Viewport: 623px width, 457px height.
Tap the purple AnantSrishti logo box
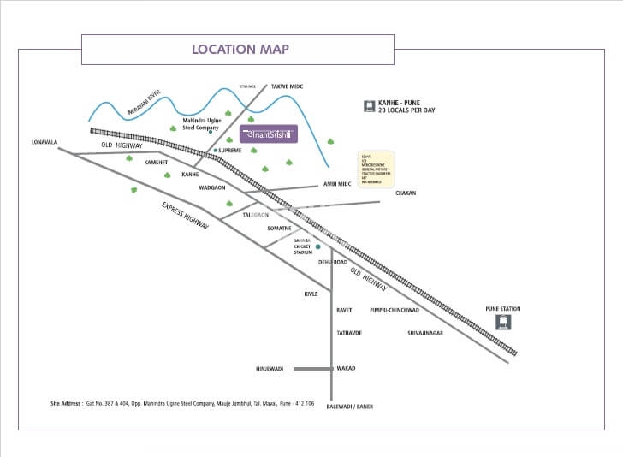click(268, 134)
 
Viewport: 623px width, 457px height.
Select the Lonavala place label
click(44, 141)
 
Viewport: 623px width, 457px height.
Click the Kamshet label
click(156, 162)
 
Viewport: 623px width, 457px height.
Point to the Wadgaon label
click(211, 187)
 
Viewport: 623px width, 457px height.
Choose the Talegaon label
click(256, 215)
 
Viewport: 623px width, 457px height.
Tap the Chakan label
click(405, 193)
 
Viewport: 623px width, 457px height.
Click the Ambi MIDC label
click(336, 184)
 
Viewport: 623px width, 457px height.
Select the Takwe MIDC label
click(288, 86)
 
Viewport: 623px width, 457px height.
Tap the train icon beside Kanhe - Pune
click(370, 107)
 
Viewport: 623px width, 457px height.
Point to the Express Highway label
click(187, 221)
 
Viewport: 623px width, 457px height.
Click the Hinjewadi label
click(270, 369)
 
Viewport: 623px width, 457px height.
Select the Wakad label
click(346, 369)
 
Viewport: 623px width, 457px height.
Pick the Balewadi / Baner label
click(350, 407)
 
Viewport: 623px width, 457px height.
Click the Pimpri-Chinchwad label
click(394, 310)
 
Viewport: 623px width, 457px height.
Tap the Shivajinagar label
click(425, 332)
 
